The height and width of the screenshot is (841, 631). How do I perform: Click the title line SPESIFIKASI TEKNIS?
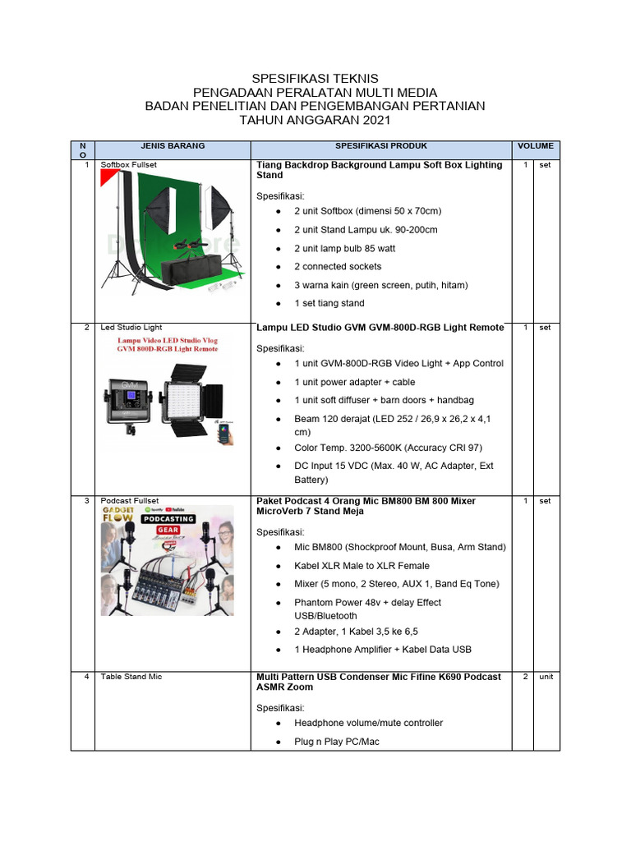point(315,78)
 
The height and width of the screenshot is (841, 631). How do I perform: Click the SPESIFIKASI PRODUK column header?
point(381,146)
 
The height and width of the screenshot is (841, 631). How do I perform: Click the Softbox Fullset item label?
point(128,165)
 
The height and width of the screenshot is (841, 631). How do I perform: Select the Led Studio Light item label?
point(131,328)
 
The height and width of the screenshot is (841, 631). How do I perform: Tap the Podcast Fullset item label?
point(130,501)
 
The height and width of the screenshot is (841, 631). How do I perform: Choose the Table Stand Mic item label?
point(131,677)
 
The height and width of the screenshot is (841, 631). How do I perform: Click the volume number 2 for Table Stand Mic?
point(524,677)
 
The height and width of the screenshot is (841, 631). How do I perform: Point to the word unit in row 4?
point(546,677)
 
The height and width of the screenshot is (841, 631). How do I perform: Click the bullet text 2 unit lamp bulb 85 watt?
point(345,248)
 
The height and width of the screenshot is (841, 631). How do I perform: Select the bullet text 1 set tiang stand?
point(329,303)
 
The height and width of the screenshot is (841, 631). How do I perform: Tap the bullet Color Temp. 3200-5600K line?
point(388,448)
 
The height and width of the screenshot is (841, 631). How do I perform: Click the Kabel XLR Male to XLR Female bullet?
point(362,566)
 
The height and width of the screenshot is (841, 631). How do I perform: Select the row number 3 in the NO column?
point(86,501)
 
